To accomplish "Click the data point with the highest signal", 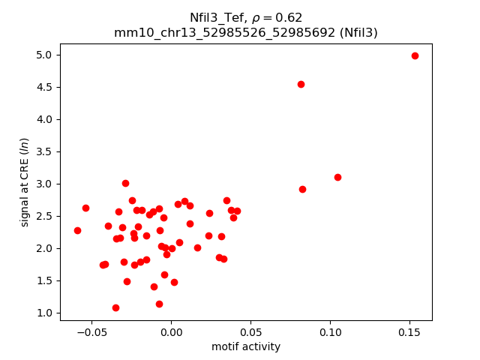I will [x=415, y=55].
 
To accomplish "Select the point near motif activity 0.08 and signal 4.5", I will [x=301, y=84].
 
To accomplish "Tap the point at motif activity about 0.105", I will [x=337, y=177].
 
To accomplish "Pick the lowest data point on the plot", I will [x=115, y=307].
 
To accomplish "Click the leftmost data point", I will [x=77, y=230].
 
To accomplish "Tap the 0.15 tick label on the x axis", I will [x=409, y=331].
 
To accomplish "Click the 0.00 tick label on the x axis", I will [x=171, y=331].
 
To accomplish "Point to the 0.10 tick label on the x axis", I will [x=330, y=331].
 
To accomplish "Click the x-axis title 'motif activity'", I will [x=246, y=346].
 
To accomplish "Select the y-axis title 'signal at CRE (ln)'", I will [x=24, y=181].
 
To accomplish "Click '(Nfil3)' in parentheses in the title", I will [x=355, y=33].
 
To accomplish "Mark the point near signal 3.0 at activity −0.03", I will [x=125, y=183].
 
